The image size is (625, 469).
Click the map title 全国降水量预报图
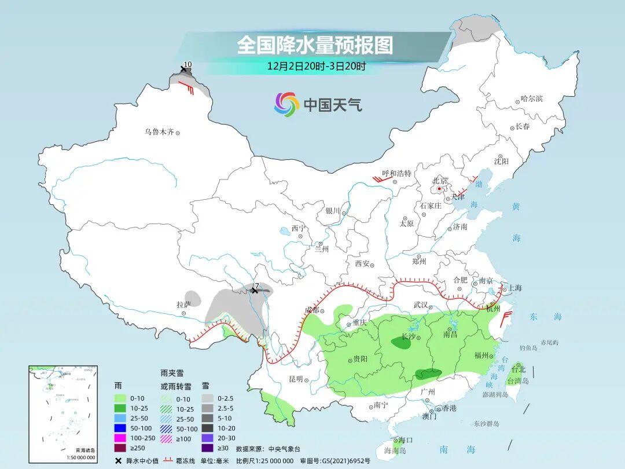click(315, 45)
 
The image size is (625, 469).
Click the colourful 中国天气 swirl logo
click(286, 105)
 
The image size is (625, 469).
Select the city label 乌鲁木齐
click(159, 132)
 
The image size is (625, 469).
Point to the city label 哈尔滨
click(531, 99)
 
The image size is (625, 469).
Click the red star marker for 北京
click(440, 188)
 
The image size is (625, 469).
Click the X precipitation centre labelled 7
click(254, 291)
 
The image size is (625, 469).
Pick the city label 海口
click(406, 441)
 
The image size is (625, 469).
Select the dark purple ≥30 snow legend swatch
click(208, 448)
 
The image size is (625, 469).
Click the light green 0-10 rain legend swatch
click(120, 398)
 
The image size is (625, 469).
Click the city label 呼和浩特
click(396, 173)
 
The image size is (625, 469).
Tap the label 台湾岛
click(517, 380)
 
